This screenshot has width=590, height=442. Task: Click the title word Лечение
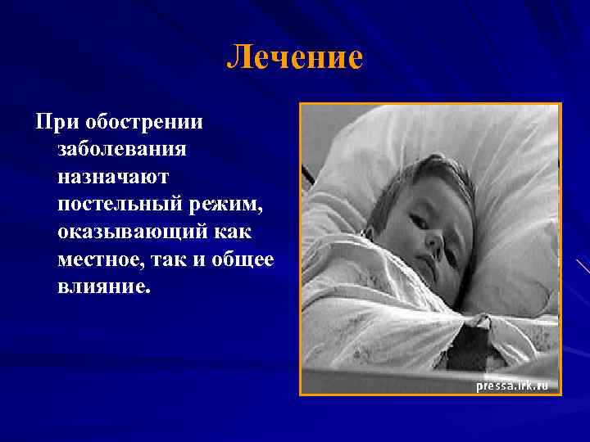click(x=294, y=57)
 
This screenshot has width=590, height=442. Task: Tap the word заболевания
click(x=122, y=150)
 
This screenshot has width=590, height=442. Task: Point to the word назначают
click(x=112, y=176)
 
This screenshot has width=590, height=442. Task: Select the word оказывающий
click(x=132, y=232)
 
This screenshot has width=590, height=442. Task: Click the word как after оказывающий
click(x=233, y=232)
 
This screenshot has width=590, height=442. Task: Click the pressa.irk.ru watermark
click(x=511, y=385)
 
